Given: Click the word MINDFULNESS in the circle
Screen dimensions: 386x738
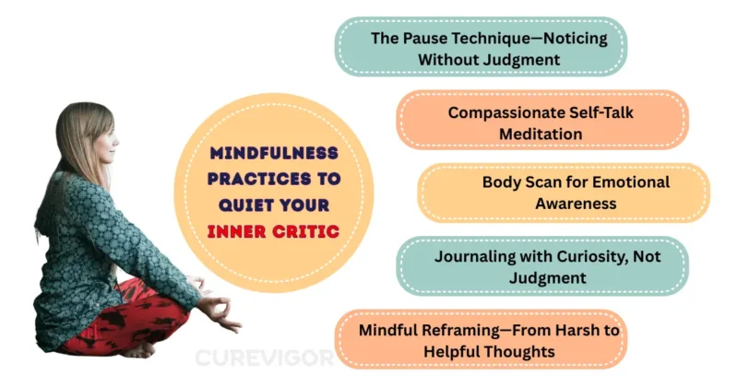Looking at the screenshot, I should point(274,153).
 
